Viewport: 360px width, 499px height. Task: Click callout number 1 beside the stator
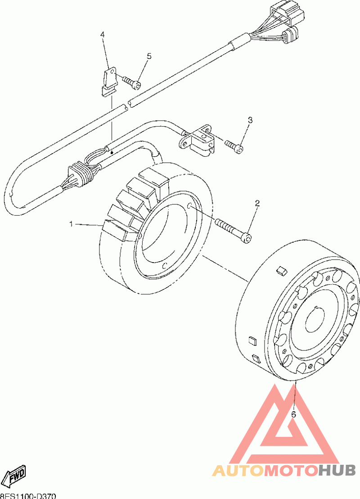pos(71,223)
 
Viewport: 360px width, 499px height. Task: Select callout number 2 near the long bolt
pos(257,203)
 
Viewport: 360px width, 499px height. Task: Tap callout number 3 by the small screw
pos(250,120)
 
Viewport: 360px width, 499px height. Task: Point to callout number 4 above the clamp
pos(103,34)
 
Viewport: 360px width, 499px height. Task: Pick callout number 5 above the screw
pos(149,56)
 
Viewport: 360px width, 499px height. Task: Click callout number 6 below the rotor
pos(293,414)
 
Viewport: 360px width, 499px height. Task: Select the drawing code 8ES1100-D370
pos(28,495)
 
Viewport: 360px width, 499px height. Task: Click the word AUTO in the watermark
pos(238,471)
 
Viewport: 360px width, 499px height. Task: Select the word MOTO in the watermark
pos(290,471)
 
